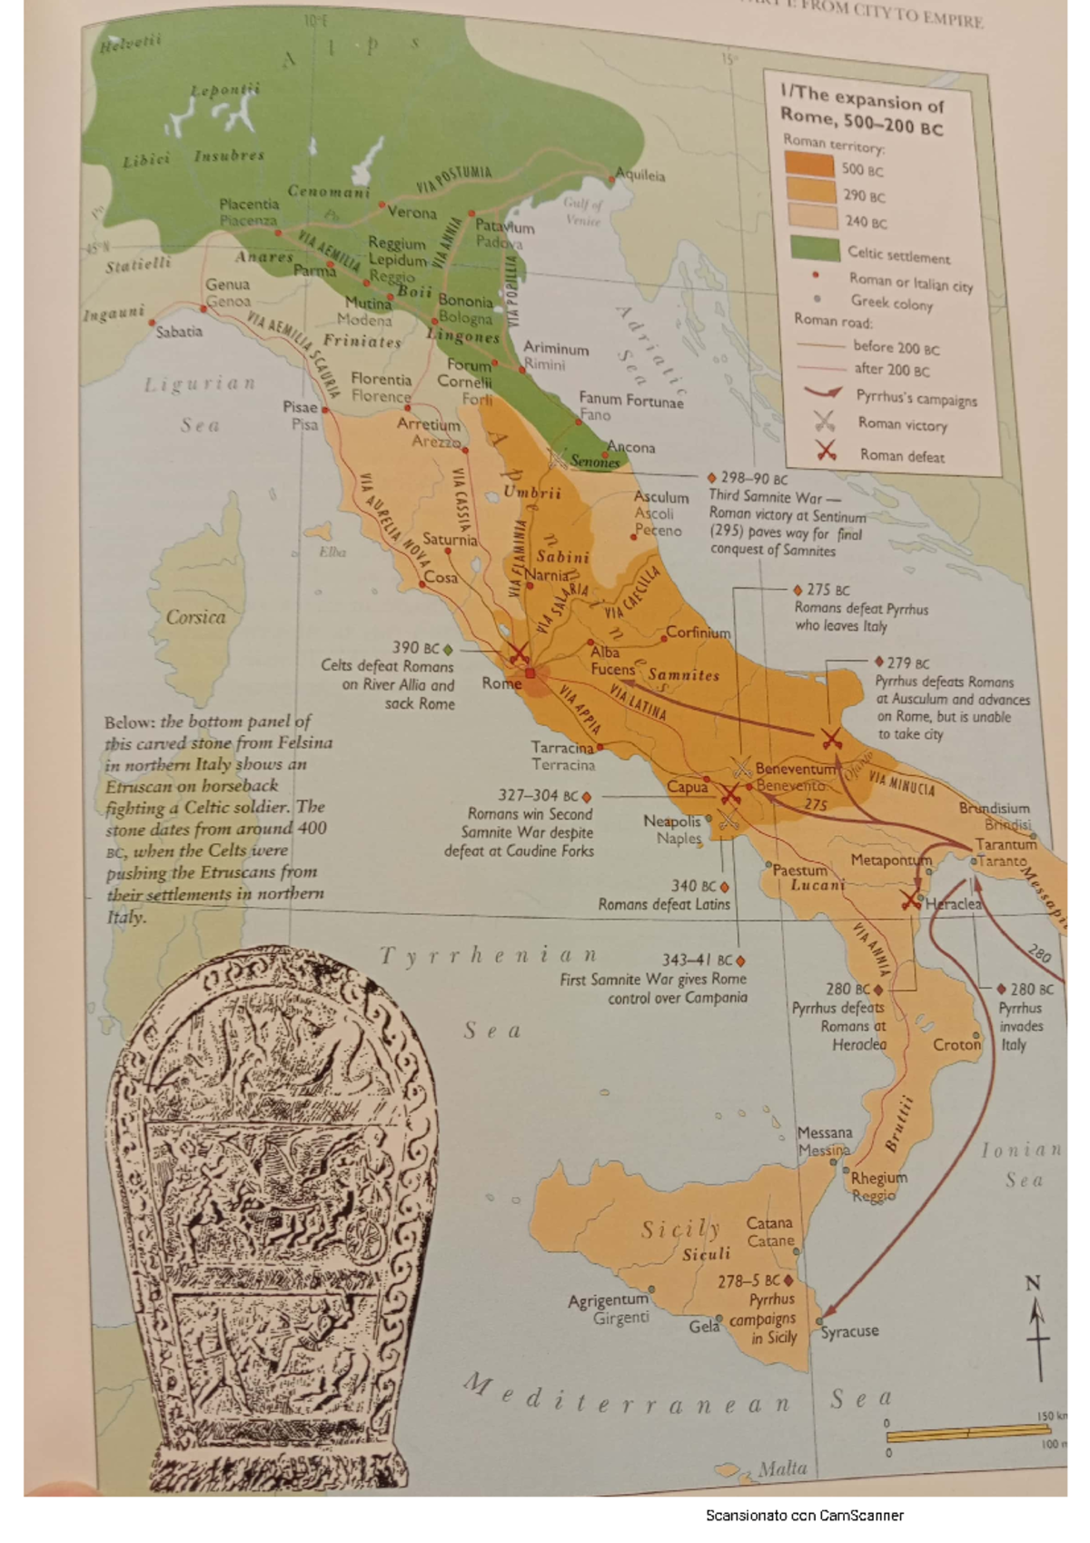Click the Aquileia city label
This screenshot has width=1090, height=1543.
point(642,174)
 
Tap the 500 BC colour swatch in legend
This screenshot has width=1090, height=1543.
point(809,165)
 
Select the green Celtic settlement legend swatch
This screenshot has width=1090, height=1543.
point(814,248)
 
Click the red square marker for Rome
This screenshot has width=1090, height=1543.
point(530,672)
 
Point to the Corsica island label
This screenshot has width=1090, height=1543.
point(195,617)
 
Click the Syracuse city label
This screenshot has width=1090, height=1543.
point(849,1331)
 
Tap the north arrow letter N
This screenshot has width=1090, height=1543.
point(1033,1284)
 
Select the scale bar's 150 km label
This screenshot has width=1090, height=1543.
point(1051,1416)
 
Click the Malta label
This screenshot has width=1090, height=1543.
point(782,1468)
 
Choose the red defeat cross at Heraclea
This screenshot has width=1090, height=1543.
point(909,900)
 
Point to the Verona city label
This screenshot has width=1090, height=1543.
point(412,213)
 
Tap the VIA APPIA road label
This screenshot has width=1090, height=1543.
point(579,710)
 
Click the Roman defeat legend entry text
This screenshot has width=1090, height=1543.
point(901,455)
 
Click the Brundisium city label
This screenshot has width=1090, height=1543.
point(994,808)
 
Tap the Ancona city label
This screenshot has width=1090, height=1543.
point(631,447)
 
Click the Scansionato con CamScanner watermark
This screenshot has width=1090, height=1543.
point(804,1515)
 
